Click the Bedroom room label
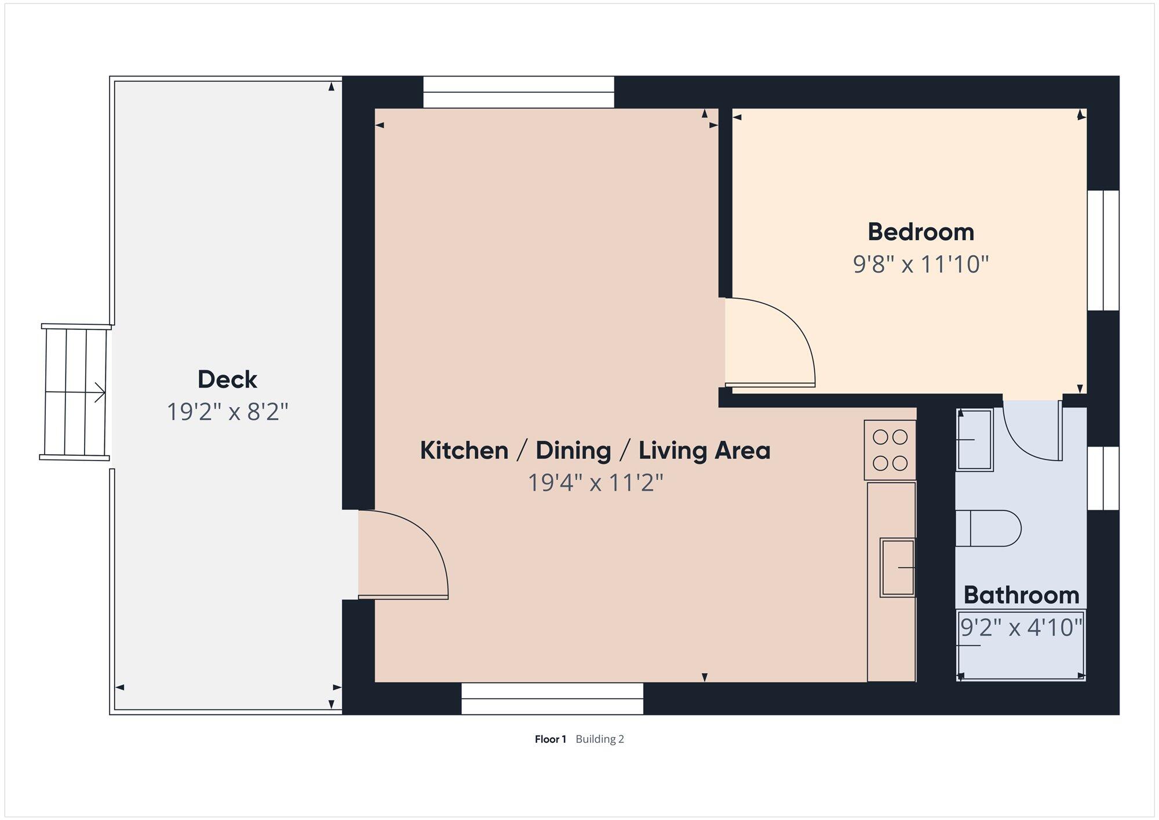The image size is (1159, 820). [920, 232]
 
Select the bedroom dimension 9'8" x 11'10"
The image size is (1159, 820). [920, 264]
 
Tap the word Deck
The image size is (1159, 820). [227, 379]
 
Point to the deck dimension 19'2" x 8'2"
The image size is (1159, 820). [227, 412]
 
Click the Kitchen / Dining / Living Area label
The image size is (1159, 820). [595, 450]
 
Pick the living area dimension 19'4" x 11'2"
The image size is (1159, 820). [595, 482]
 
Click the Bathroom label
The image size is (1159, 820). [1021, 595]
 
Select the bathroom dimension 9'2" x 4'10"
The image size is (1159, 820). [1021, 627]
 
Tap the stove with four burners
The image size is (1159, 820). [890, 450]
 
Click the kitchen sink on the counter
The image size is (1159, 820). [898, 568]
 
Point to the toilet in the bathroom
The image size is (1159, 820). [988, 528]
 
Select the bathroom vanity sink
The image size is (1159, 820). [975, 440]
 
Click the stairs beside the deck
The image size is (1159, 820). [75, 392]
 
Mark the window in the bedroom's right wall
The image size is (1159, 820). [1103, 251]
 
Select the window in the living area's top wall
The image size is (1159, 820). [518, 92]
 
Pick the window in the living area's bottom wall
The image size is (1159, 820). [552, 698]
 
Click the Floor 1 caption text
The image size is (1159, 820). [550, 739]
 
